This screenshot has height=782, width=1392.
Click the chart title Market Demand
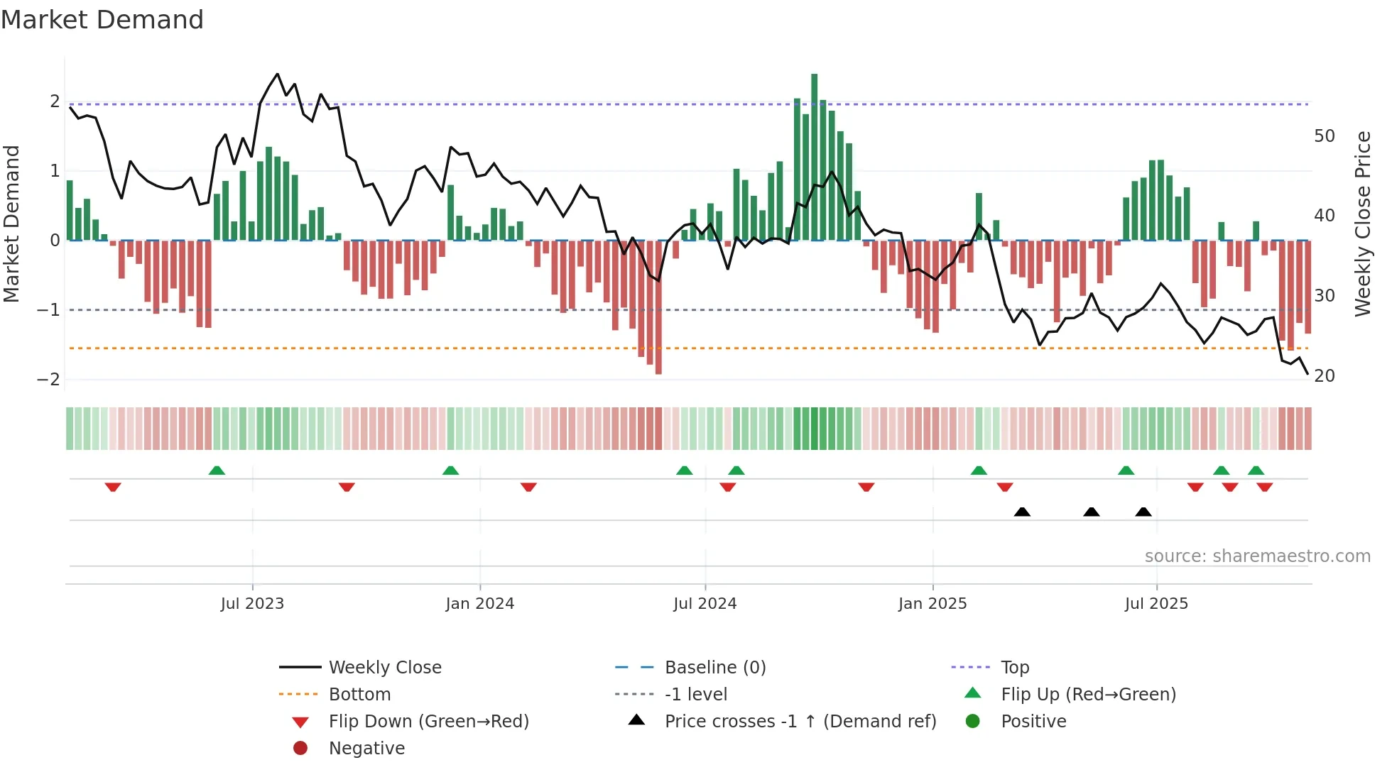102,20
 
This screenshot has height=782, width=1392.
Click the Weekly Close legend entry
384,667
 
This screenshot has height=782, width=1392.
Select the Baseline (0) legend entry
714,667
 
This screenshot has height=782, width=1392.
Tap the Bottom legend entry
359,694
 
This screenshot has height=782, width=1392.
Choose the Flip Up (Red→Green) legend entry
1088,694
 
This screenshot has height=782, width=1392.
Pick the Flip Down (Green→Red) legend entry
428,721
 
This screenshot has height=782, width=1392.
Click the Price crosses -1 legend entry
800,721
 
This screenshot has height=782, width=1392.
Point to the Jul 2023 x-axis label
252,603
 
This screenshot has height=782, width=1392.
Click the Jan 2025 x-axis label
932,603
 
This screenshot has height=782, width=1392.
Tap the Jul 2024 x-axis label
705,603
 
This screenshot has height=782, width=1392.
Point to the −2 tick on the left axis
48,379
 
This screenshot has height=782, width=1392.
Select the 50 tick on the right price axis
1324,136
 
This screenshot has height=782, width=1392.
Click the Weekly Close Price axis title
1362,224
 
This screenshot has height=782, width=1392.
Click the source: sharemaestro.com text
1257,556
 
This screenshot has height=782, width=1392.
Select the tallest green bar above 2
814,156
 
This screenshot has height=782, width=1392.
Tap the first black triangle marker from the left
1022,512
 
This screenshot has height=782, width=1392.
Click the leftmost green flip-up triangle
217,470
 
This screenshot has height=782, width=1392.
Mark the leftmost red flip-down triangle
113,487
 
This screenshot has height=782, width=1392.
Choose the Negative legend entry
366,748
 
